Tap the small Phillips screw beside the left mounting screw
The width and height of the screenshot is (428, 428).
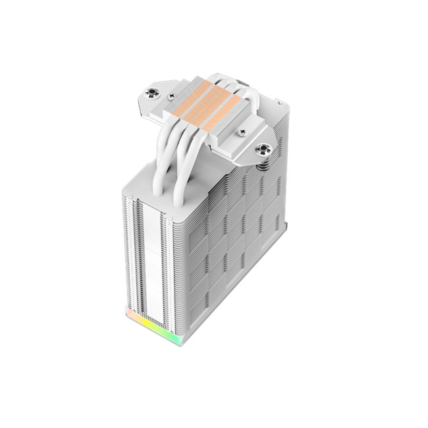[172, 96]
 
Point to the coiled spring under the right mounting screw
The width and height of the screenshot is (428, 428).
[263, 165]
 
